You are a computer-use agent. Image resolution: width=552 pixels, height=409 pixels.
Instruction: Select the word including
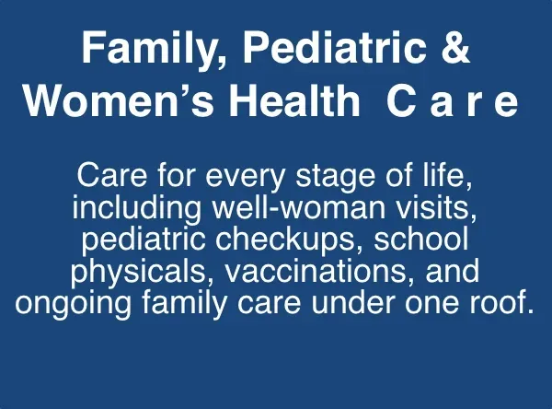(x=136, y=207)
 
